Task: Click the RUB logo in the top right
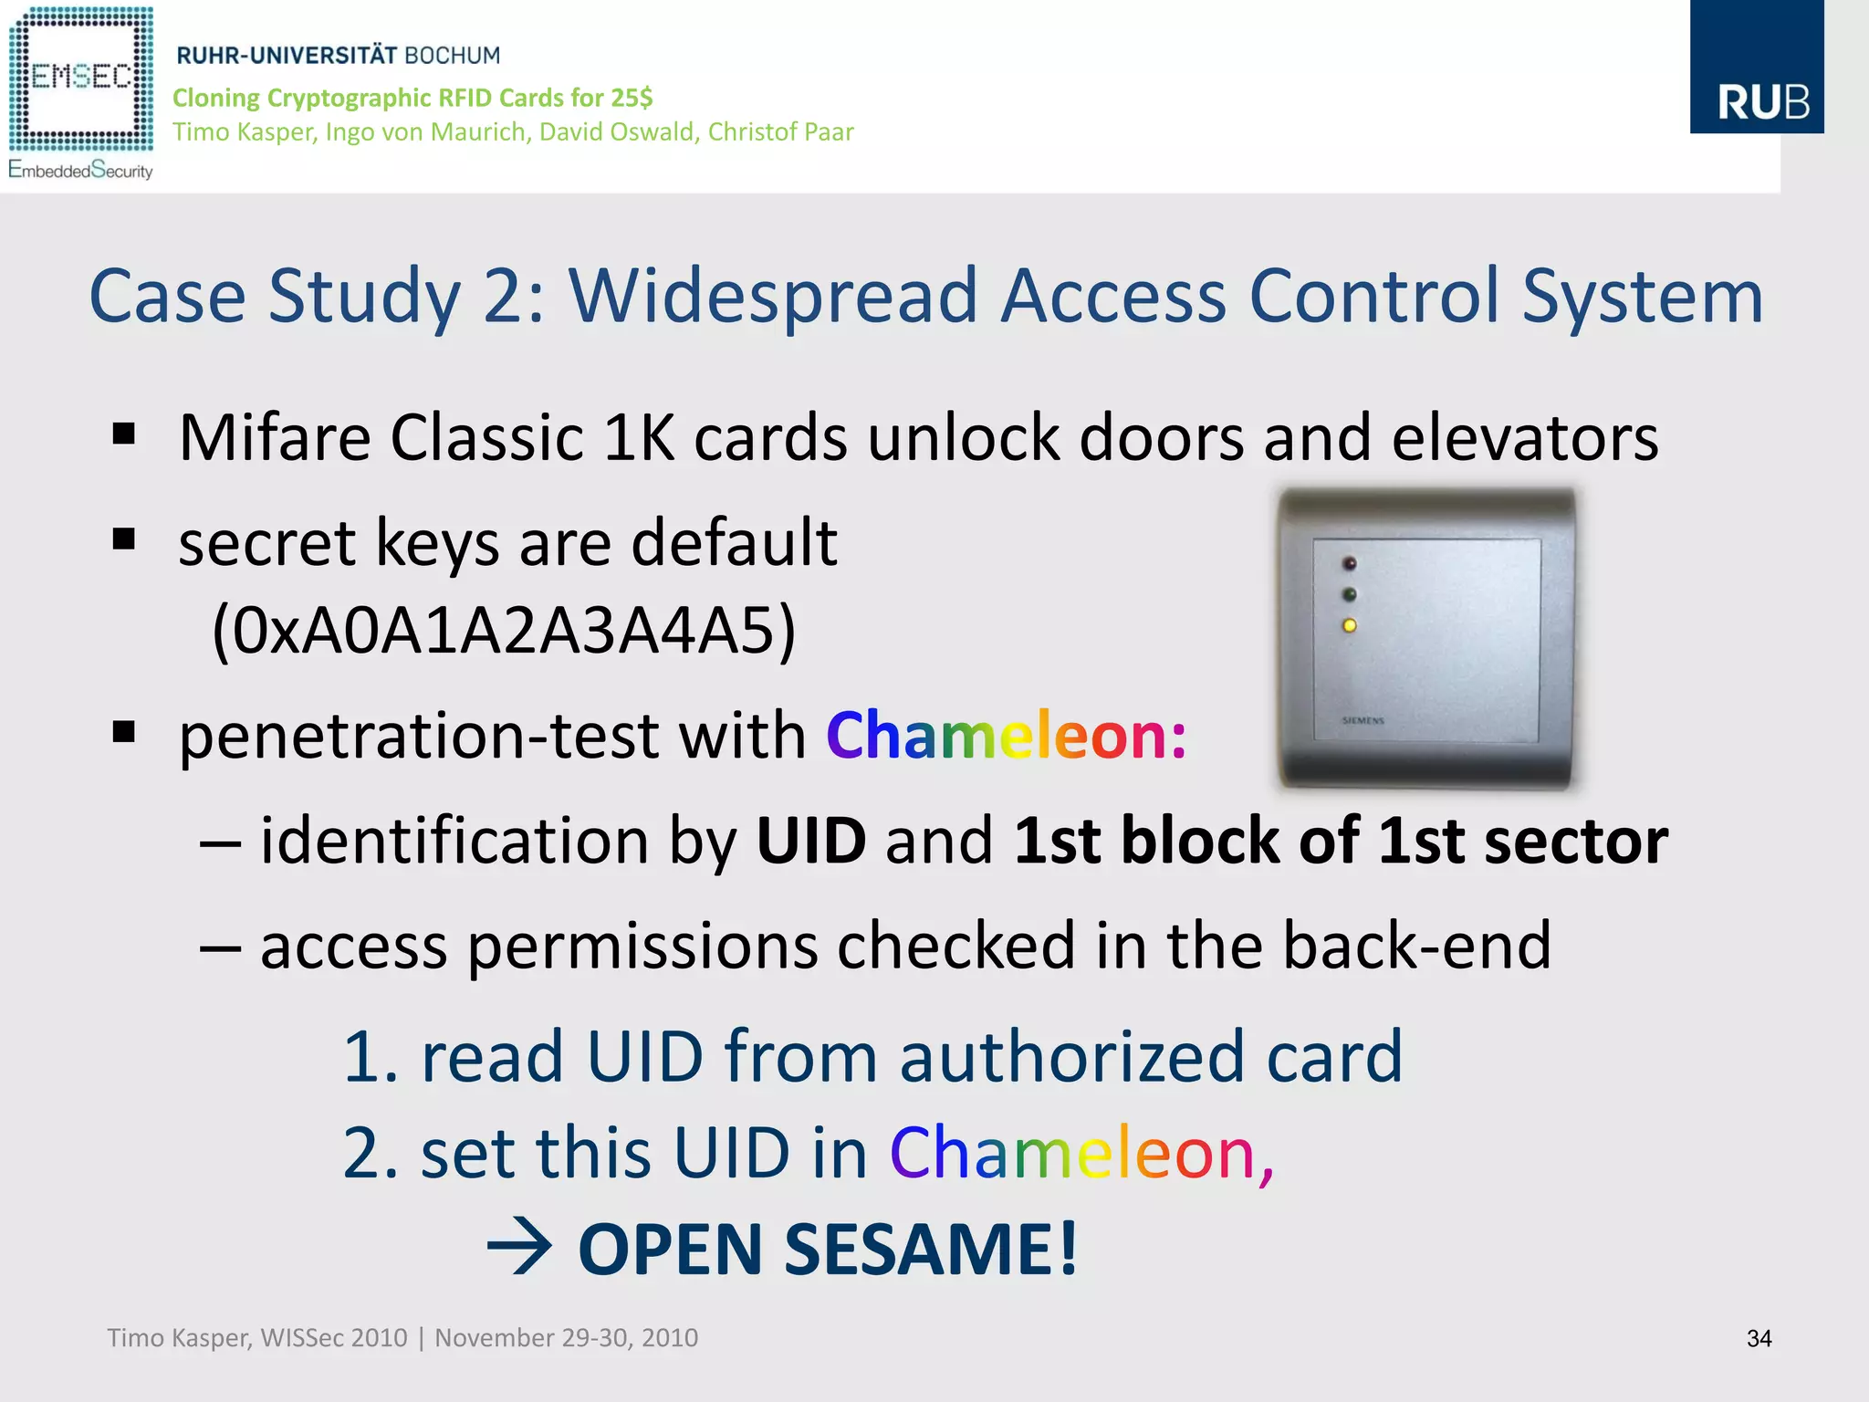coord(1756,68)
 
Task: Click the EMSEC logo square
coord(81,78)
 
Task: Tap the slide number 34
coord(1759,1338)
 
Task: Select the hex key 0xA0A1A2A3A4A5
coord(504,630)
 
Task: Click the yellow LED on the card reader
coord(1350,625)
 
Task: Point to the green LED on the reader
coord(1350,595)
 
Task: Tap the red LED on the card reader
coord(1350,564)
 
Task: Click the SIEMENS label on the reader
coord(1363,721)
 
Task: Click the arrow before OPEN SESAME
coord(519,1248)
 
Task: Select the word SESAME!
coord(931,1249)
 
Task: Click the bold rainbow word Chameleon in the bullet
coord(1006,736)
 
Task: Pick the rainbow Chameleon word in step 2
coord(1081,1153)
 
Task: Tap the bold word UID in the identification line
coord(810,841)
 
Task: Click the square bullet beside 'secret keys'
coord(124,539)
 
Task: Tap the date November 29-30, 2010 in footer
coord(566,1338)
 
